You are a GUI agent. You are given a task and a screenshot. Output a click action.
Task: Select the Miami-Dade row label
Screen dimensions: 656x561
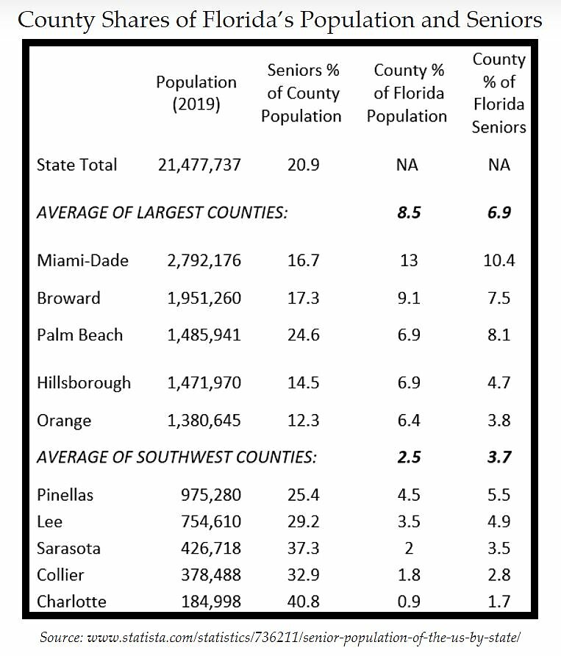[x=82, y=260]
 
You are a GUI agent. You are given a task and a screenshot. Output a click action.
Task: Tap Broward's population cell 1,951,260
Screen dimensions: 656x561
[x=196, y=299]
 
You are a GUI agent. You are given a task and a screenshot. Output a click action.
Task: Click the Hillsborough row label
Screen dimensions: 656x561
[x=84, y=382]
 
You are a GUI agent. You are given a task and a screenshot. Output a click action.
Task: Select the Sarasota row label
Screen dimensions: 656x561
[x=68, y=549]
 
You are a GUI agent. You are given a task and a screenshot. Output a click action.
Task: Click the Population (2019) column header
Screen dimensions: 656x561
[x=196, y=93]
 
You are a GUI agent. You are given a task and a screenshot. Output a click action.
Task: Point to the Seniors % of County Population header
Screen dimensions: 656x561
[x=301, y=93]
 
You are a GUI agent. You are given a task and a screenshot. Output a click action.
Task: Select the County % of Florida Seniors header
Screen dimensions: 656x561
[x=499, y=93]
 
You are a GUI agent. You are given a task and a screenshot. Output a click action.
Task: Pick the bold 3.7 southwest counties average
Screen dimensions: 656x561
[x=499, y=457]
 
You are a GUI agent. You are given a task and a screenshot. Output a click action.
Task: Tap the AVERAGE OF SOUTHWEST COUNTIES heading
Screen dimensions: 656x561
[x=176, y=457]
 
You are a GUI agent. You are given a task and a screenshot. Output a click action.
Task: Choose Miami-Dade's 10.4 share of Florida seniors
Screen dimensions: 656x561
[x=499, y=260]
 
